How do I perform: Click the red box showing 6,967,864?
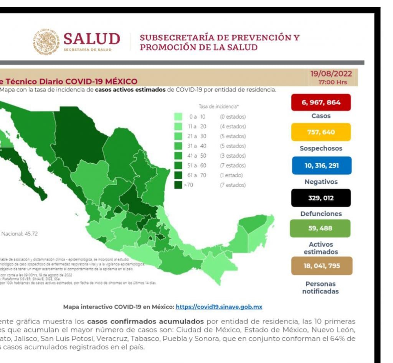(x=320, y=103)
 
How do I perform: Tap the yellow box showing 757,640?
(x=320, y=132)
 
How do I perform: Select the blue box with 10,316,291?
(x=320, y=166)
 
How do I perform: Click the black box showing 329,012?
(x=320, y=198)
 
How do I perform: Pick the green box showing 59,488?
(x=320, y=228)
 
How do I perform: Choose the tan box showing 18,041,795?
(x=321, y=266)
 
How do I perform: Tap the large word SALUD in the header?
(x=91, y=39)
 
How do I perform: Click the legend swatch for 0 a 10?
(x=178, y=117)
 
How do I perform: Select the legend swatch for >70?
(x=178, y=185)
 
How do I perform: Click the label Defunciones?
(x=320, y=214)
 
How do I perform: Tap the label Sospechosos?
(x=320, y=148)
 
